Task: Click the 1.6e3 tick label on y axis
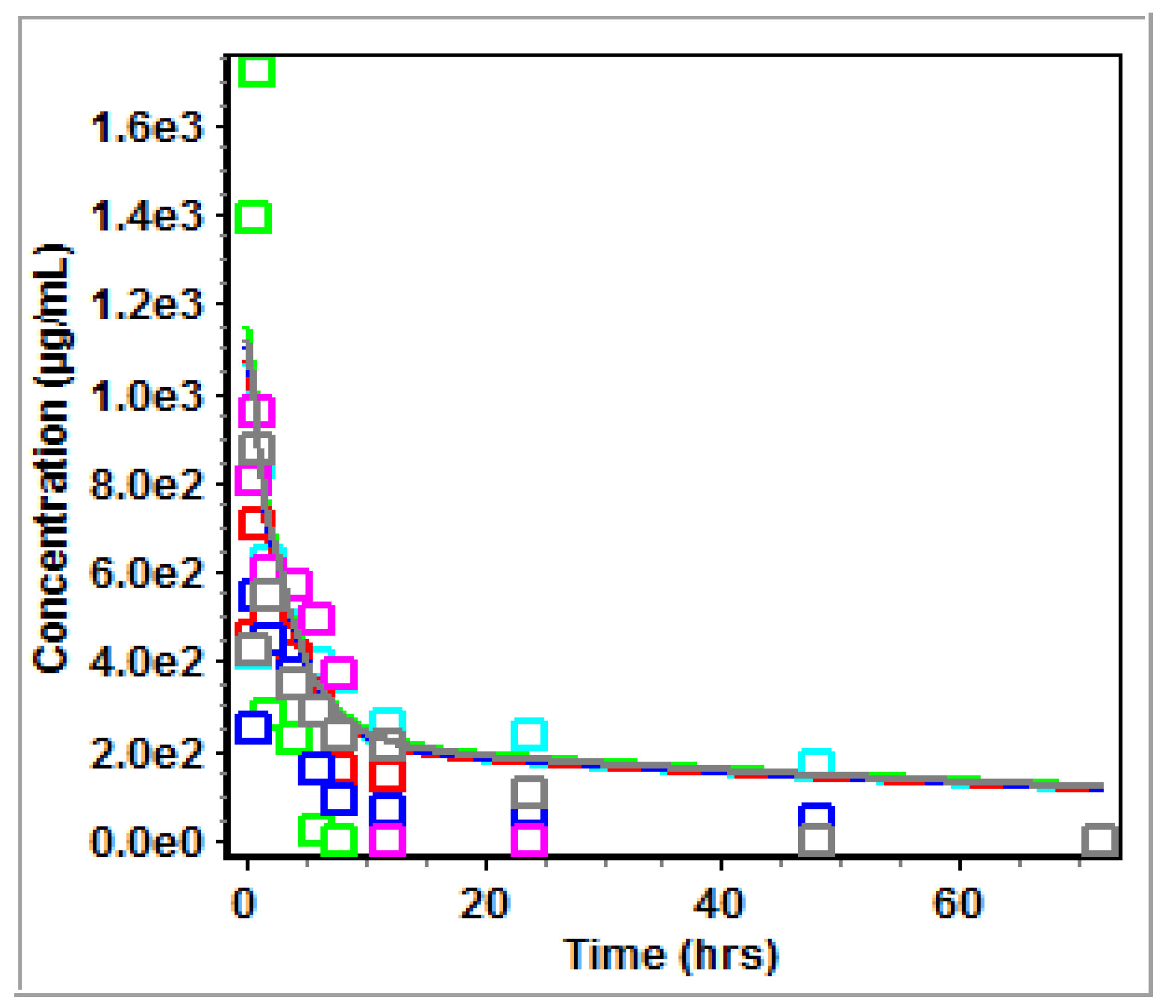coord(147,127)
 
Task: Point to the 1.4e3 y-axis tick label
coord(147,216)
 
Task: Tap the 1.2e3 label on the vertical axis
coord(147,304)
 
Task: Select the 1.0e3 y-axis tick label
coord(147,396)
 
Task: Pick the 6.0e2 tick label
coord(147,573)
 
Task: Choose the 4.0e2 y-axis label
coord(147,662)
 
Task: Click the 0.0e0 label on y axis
coord(147,842)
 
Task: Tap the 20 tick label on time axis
coord(484,904)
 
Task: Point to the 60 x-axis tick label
coord(958,904)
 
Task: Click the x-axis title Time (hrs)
coord(670,955)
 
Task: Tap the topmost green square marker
coord(256,70)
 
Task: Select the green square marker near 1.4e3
coord(253,217)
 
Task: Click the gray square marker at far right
coord(1100,840)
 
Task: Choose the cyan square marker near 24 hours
coord(529,734)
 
